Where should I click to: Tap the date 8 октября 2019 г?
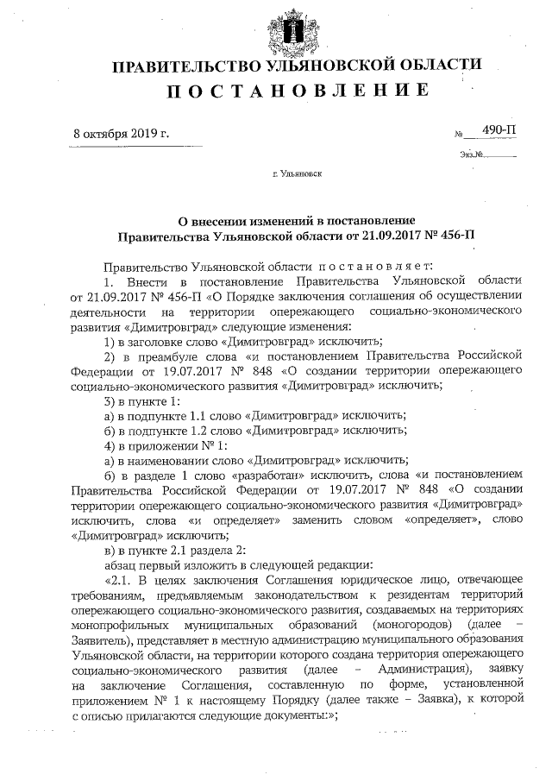click(x=121, y=134)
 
